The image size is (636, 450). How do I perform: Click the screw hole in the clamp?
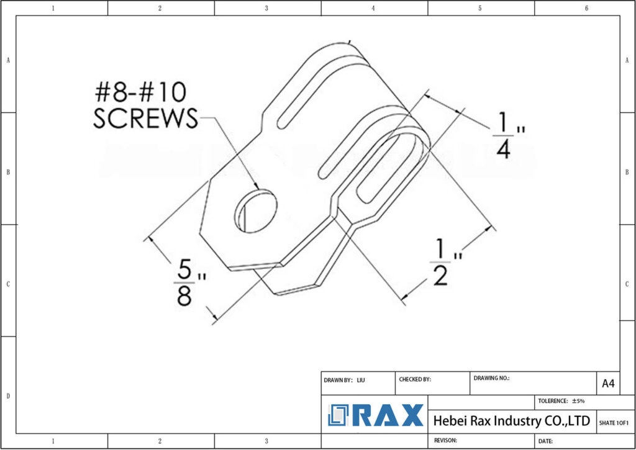(255, 211)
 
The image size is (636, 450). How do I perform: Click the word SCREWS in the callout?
(145, 118)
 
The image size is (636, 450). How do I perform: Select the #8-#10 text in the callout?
(140, 92)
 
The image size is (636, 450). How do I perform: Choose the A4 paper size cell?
(608, 384)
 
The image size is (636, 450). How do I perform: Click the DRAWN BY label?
(338, 379)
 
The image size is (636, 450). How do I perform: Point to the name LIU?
(361, 379)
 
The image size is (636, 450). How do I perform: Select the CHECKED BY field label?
(414, 379)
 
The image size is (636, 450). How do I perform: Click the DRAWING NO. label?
(491, 377)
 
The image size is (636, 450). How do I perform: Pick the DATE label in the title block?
(545, 441)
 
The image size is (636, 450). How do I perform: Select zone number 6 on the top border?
(586, 8)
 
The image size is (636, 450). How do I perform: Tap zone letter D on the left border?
(7, 395)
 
